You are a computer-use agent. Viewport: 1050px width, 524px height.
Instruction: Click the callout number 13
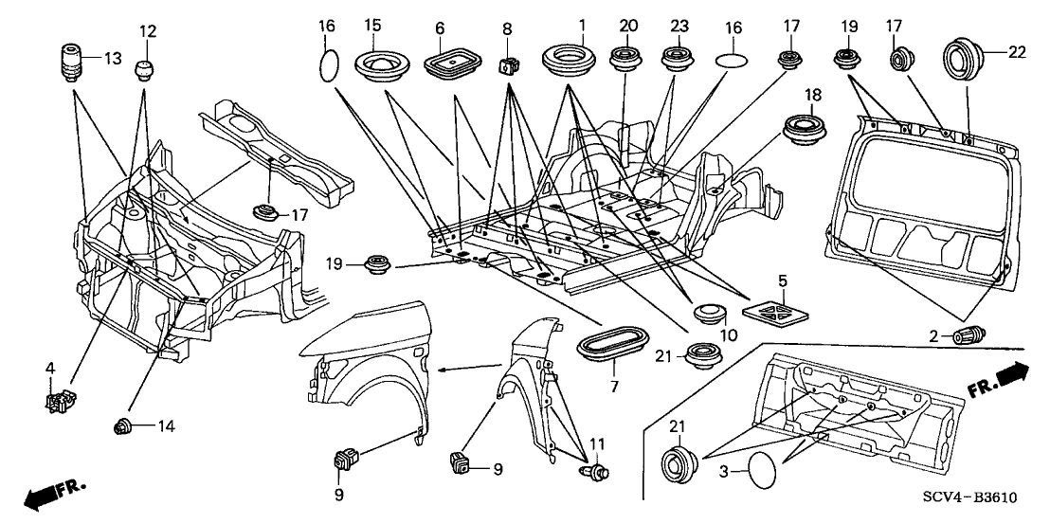pyautogui.click(x=113, y=59)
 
